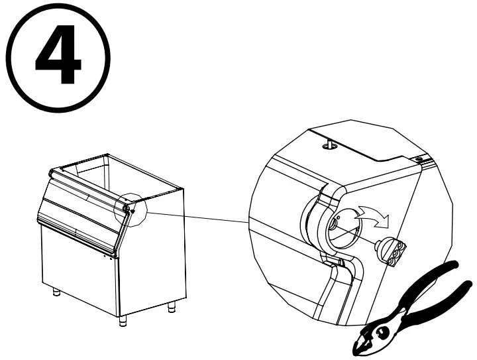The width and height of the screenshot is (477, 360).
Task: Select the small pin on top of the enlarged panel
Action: coord(328,142)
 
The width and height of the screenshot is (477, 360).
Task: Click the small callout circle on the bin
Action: coord(131,208)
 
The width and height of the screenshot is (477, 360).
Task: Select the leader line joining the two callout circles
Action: coord(199,217)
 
